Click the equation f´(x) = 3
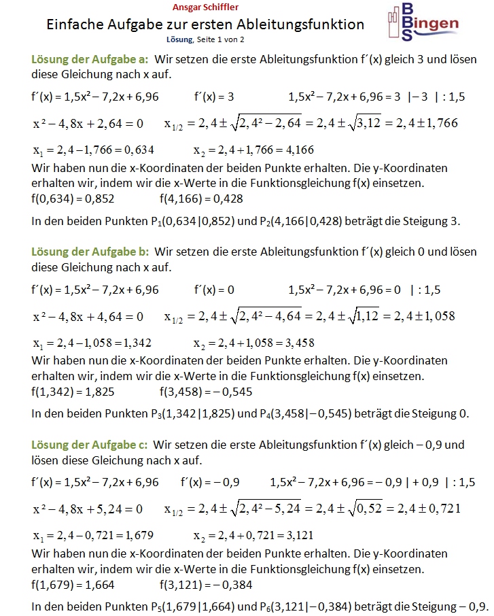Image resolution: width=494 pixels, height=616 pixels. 214,97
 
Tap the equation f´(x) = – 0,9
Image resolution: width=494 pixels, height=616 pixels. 210,482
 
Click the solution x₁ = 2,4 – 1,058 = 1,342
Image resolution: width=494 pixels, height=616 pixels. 92,342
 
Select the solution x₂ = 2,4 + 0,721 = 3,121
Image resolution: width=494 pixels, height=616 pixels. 253,534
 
